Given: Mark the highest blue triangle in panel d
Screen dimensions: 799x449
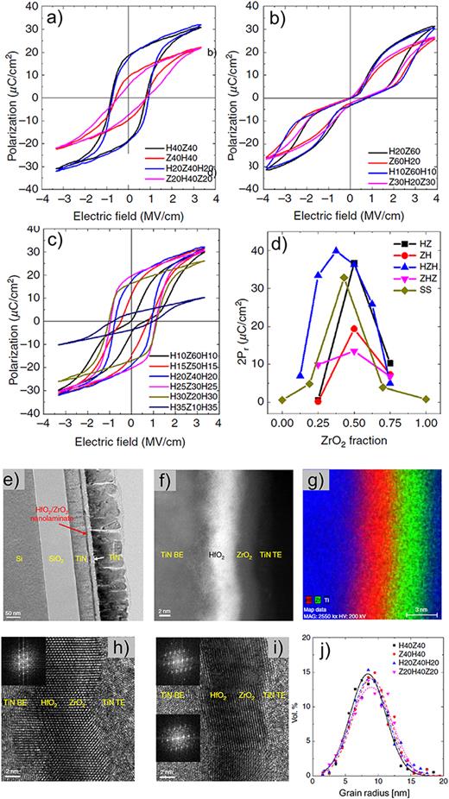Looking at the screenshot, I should point(336,250).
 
